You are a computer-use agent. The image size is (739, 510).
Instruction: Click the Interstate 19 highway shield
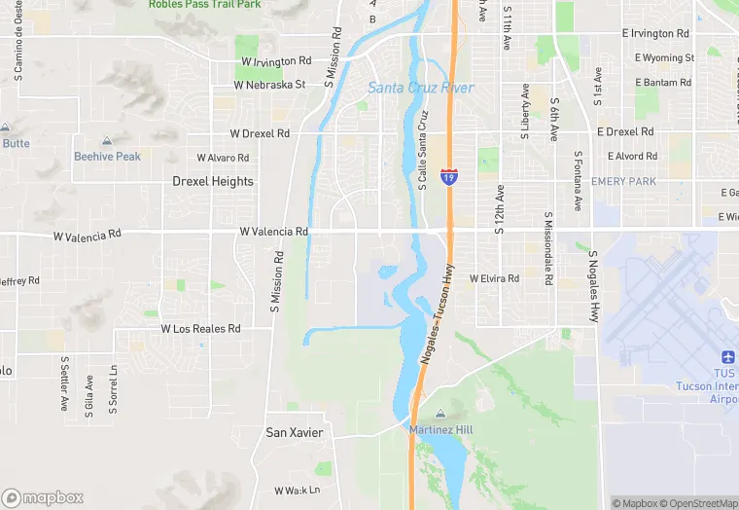pos(448,176)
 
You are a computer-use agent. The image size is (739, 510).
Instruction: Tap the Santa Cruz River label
pos(421,89)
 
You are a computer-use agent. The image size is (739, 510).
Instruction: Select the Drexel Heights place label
pos(213,181)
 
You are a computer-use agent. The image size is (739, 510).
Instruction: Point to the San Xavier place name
pos(295,432)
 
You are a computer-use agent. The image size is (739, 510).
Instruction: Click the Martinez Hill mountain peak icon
pos(440,414)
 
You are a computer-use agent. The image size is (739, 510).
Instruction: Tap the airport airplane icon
pos(727,358)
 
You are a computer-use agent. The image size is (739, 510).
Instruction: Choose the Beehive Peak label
pos(108,156)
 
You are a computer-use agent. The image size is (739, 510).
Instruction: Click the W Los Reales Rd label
pos(200,329)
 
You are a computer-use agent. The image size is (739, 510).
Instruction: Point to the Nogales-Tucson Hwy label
pos(439,317)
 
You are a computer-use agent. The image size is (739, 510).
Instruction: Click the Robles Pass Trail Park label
pos(204,5)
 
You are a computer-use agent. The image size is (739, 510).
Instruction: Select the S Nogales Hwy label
pos(592,285)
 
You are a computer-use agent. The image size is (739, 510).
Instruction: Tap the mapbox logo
pos(44,497)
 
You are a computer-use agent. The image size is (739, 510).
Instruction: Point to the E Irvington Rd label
pos(654,33)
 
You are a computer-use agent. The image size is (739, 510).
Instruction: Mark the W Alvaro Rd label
pos(224,157)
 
